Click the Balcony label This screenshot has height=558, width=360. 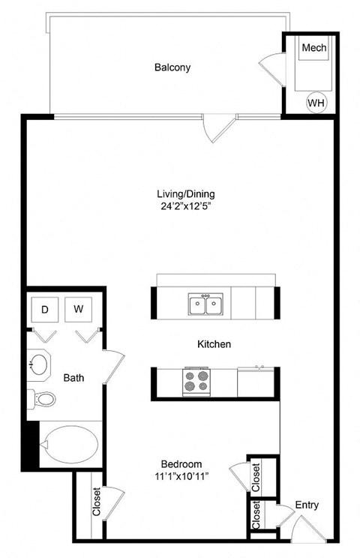point(172,67)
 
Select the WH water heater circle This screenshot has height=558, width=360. point(315,101)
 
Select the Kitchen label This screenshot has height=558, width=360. point(214,344)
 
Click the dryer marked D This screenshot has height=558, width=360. point(45,309)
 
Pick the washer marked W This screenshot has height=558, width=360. point(78,309)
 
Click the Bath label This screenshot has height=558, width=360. point(73,378)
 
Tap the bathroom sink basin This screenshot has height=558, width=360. point(39,365)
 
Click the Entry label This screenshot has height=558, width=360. point(307,505)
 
